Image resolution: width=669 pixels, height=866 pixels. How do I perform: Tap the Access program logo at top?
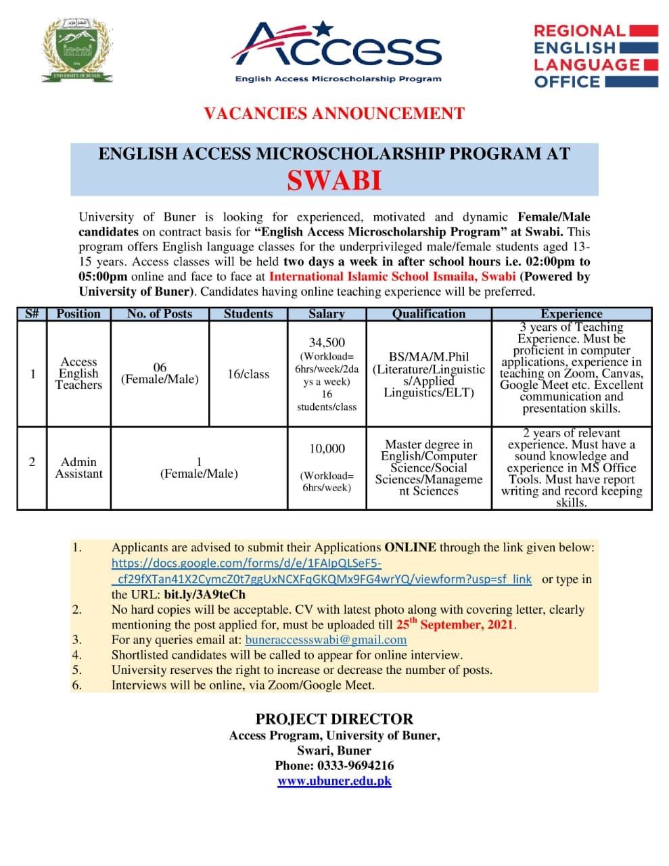coord(336,51)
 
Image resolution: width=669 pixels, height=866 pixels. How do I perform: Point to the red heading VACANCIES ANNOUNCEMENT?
coord(334,114)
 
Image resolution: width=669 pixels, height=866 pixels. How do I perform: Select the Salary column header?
coord(326,314)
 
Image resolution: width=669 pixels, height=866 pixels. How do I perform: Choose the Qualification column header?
coord(429,314)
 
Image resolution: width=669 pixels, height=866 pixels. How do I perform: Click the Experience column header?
coord(571,314)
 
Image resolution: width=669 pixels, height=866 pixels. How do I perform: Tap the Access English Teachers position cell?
coord(78,373)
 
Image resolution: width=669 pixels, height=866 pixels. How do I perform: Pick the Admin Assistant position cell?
coord(78,468)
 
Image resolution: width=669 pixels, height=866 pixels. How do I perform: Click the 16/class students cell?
coord(248,374)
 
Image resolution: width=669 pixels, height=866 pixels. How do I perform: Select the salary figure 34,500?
coord(327,343)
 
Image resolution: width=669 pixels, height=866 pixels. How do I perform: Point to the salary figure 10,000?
coord(327,449)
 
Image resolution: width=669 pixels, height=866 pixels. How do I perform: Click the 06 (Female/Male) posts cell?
coord(160,373)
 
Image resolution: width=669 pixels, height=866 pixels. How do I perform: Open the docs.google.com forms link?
coord(321,571)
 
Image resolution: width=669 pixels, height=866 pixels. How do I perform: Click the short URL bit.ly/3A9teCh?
coord(205,595)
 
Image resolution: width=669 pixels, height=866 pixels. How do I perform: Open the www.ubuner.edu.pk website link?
coord(334,781)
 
